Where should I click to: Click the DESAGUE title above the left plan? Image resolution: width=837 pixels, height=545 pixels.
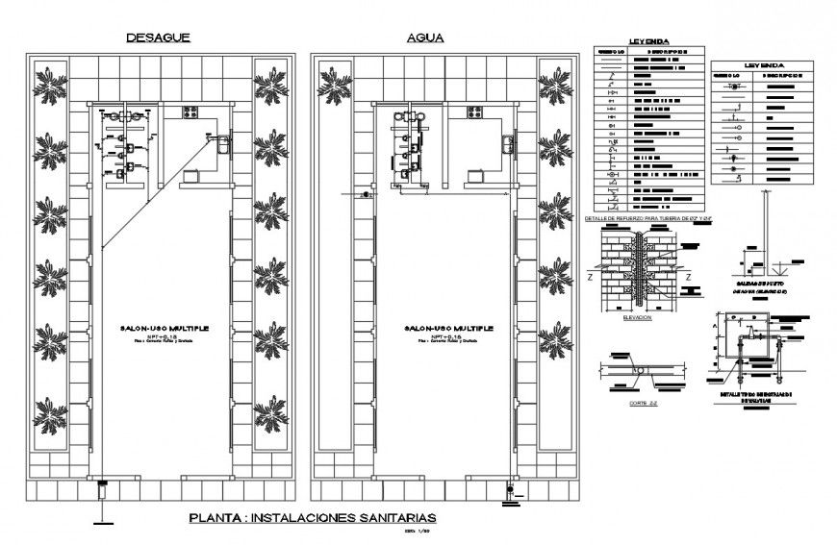[x=159, y=37]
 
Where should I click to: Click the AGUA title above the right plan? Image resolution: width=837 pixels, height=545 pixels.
[x=424, y=37]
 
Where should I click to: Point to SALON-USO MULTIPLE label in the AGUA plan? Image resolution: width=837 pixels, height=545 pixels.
[x=448, y=328]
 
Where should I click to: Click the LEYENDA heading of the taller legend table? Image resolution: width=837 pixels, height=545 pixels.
[x=649, y=41]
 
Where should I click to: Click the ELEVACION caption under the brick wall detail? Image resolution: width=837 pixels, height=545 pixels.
[x=638, y=315]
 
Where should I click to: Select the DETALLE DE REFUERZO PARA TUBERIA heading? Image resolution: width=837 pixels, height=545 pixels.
[x=654, y=218]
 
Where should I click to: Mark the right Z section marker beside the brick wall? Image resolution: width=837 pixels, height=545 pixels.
[x=689, y=276]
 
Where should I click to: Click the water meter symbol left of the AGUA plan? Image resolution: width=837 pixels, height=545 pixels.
[x=364, y=195]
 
